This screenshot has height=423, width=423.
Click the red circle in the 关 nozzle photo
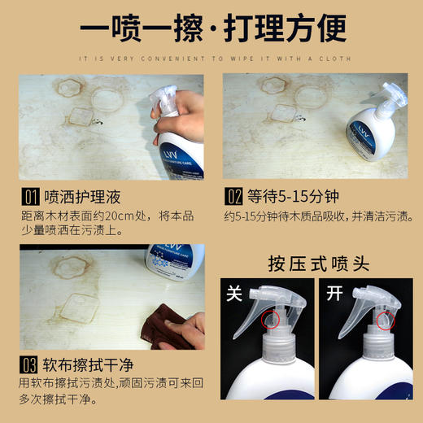tap(270, 323)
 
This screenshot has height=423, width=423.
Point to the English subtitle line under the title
tap(211, 58)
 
